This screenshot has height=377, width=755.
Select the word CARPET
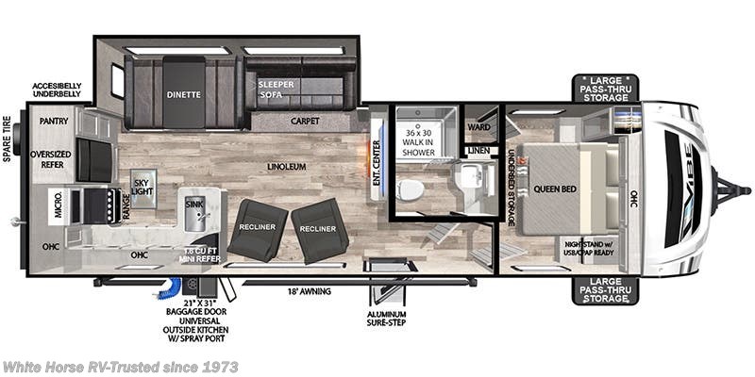pyautogui.click(x=304, y=121)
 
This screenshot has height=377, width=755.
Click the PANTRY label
pyautogui.click(x=55, y=121)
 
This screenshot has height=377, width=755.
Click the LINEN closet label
pyautogui.click(x=477, y=149)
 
